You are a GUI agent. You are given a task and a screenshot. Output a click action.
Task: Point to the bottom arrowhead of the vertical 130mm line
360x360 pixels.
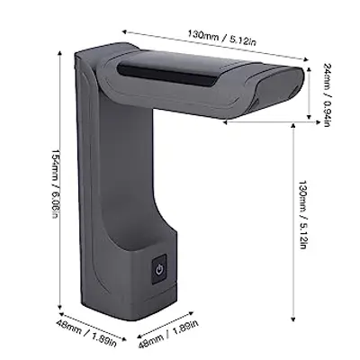coord(294,319)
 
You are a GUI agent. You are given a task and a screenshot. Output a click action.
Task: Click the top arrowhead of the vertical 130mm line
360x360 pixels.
coord(294,126)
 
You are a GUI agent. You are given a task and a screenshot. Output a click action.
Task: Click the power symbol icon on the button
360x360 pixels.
coord(159,269)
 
